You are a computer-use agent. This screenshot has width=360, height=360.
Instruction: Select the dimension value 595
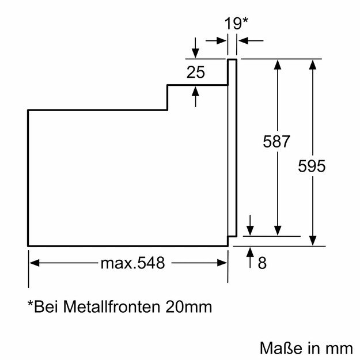pos(312,166)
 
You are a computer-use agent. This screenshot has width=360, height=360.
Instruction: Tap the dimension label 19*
pos(236,24)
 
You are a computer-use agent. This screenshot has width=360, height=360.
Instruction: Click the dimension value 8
pos(262,263)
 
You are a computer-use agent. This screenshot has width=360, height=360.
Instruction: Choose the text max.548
pos(133,263)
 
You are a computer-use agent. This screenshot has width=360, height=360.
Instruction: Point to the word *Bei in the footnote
pos(40,306)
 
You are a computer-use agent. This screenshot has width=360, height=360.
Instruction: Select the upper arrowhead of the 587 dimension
pos(278,63)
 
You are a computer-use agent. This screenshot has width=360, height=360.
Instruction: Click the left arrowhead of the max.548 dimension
pos(33,263)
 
